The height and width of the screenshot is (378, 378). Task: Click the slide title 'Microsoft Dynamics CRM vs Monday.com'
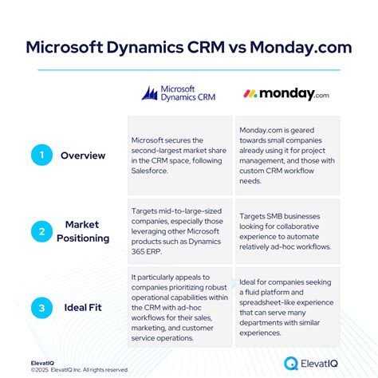point(189,45)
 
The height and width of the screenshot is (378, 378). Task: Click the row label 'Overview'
point(83,156)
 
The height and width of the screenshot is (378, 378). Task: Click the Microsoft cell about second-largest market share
point(180,156)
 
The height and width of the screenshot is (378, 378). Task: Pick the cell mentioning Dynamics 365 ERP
point(180,231)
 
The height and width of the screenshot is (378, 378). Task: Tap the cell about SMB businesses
point(289,231)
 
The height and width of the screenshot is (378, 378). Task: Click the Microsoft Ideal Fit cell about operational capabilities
point(180,307)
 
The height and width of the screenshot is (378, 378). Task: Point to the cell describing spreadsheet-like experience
point(289,307)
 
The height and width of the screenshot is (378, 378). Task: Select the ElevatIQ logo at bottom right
point(317,363)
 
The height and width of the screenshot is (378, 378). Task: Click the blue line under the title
point(189,70)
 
